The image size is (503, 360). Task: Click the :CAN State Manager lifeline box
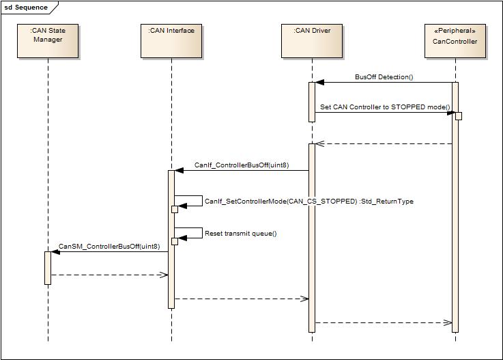click(48, 40)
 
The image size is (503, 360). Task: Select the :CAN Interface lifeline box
click(171, 40)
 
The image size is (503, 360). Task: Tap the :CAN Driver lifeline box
click(312, 40)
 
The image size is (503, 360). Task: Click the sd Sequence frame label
click(27, 8)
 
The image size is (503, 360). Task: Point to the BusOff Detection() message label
click(384, 77)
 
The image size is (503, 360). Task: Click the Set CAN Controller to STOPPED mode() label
click(385, 107)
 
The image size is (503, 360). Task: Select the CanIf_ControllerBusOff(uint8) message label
click(241, 165)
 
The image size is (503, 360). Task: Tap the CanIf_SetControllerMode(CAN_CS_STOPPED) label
click(281, 202)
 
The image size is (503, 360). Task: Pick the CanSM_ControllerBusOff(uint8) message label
click(109, 247)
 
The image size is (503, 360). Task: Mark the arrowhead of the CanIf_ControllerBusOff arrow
click(179, 170)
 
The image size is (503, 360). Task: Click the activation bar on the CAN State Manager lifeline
click(48, 267)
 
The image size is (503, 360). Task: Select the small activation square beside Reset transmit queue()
click(174, 241)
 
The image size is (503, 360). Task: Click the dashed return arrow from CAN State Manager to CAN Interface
click(109, 275)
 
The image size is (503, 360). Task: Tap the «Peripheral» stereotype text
click(455, 31)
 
